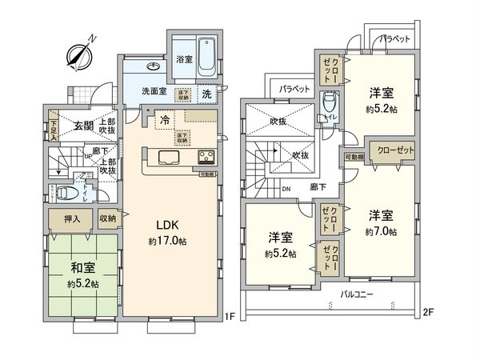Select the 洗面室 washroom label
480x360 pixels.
(154, 91)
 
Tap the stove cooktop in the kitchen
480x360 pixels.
(203, 155)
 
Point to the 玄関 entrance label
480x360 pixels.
(84, 125)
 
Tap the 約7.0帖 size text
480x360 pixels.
(380, 231)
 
